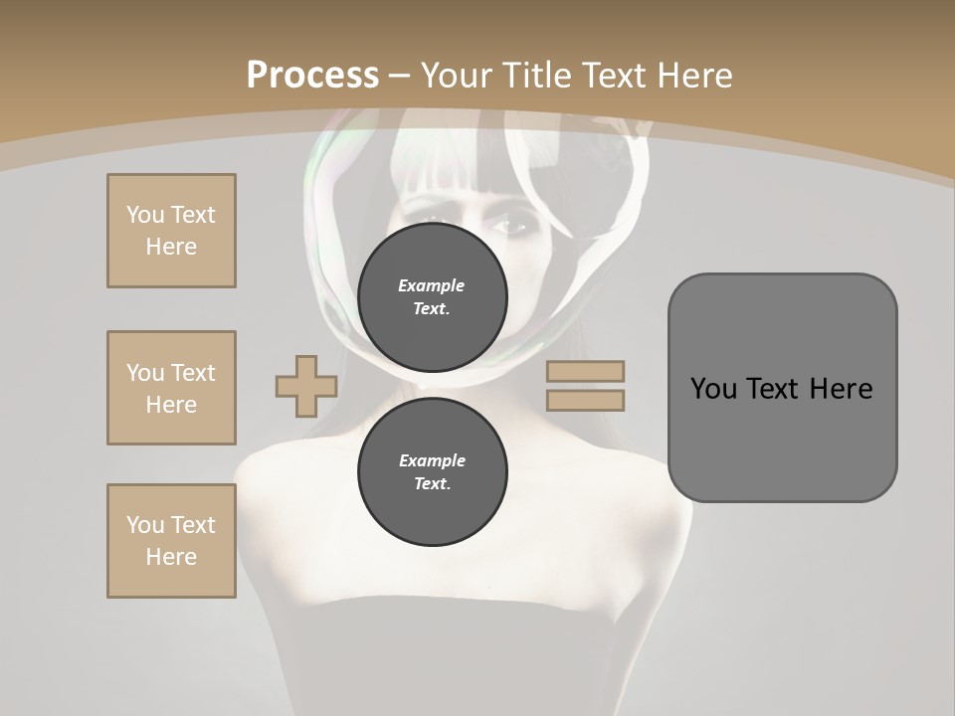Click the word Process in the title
[312, 76]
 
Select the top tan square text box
[171, 231]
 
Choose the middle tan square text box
[171, 388]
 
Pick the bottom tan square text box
[171, 541]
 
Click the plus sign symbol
[305, 387]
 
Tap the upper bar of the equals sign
[585, 371]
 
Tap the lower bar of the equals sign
[585, 400]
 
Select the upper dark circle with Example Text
[432, 296]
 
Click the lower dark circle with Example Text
[432, 472]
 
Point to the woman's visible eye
[512, 227]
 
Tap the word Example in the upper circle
[432, 285]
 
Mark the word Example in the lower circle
[432, 460]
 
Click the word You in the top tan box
[145, 215]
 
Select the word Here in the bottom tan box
[171, 557]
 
